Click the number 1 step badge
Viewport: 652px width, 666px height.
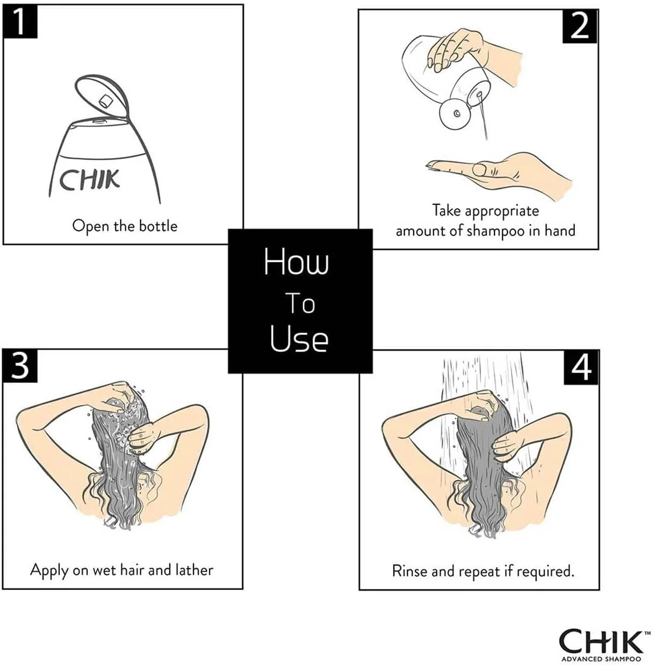(x=20, y=22)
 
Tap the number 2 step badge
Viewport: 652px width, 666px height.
(x=579, y=26)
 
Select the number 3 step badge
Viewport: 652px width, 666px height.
(x=20, y=366)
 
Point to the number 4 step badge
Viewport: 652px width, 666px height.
(x=581, y=367)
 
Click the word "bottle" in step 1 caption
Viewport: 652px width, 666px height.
(x=158, y=226)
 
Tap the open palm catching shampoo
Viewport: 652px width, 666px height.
(x=498, y=172)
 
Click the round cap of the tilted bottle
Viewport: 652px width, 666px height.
(x=455, y=113)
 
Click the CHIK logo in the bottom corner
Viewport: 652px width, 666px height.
(x=600, y=641)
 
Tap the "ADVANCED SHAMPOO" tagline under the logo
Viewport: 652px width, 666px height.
(x=601, y=659)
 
